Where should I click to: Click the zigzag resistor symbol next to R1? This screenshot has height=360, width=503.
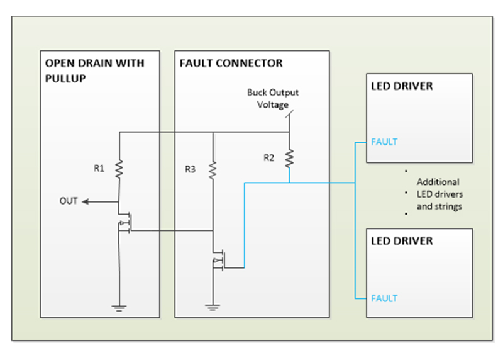pos(119,169)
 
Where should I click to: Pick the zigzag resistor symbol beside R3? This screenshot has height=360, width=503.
pos(213,169)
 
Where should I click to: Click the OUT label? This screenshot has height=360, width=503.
pos(69,201)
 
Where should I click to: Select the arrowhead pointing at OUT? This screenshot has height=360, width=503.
pos(85,201)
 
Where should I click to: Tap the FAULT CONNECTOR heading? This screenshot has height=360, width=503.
pos(231,64)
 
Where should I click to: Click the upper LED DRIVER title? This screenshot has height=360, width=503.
pos(402,86)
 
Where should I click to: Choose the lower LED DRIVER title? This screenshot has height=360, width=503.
pos(402,241)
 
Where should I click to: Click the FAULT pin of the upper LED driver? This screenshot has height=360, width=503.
pos(384,142)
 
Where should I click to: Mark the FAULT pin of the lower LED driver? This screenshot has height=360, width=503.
pos(384,298)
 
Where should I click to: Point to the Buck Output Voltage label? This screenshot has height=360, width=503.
pos(272,99)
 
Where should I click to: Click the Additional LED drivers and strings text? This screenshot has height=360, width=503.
pos(439,194)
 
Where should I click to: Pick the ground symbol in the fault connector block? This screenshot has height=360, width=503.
pos(213,307)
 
